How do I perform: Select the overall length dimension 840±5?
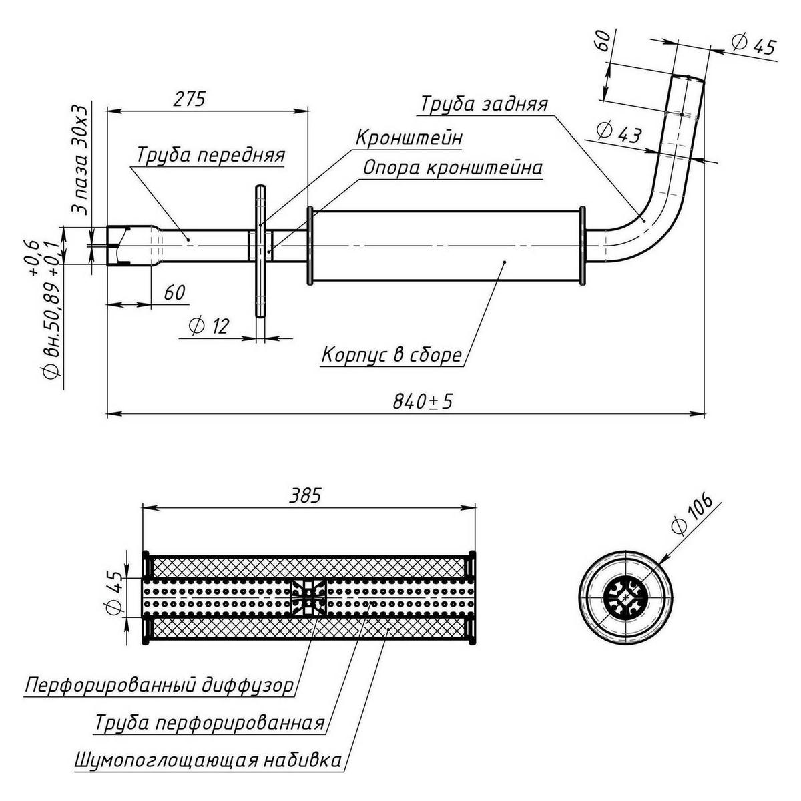pos(423,401)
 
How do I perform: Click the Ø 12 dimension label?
pos(208,326)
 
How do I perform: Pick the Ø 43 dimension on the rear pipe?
pos(618,133)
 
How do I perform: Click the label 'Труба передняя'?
pos(211,155)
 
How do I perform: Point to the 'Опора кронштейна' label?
pos(452,168)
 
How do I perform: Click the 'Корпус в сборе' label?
pos(391,355)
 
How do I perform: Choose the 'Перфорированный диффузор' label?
pos(160,686)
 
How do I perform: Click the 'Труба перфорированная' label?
pos(210,723)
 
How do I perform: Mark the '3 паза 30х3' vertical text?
pos(81,158)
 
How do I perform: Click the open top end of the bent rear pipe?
pos(688,79)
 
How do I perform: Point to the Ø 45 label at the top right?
pos(754,46)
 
